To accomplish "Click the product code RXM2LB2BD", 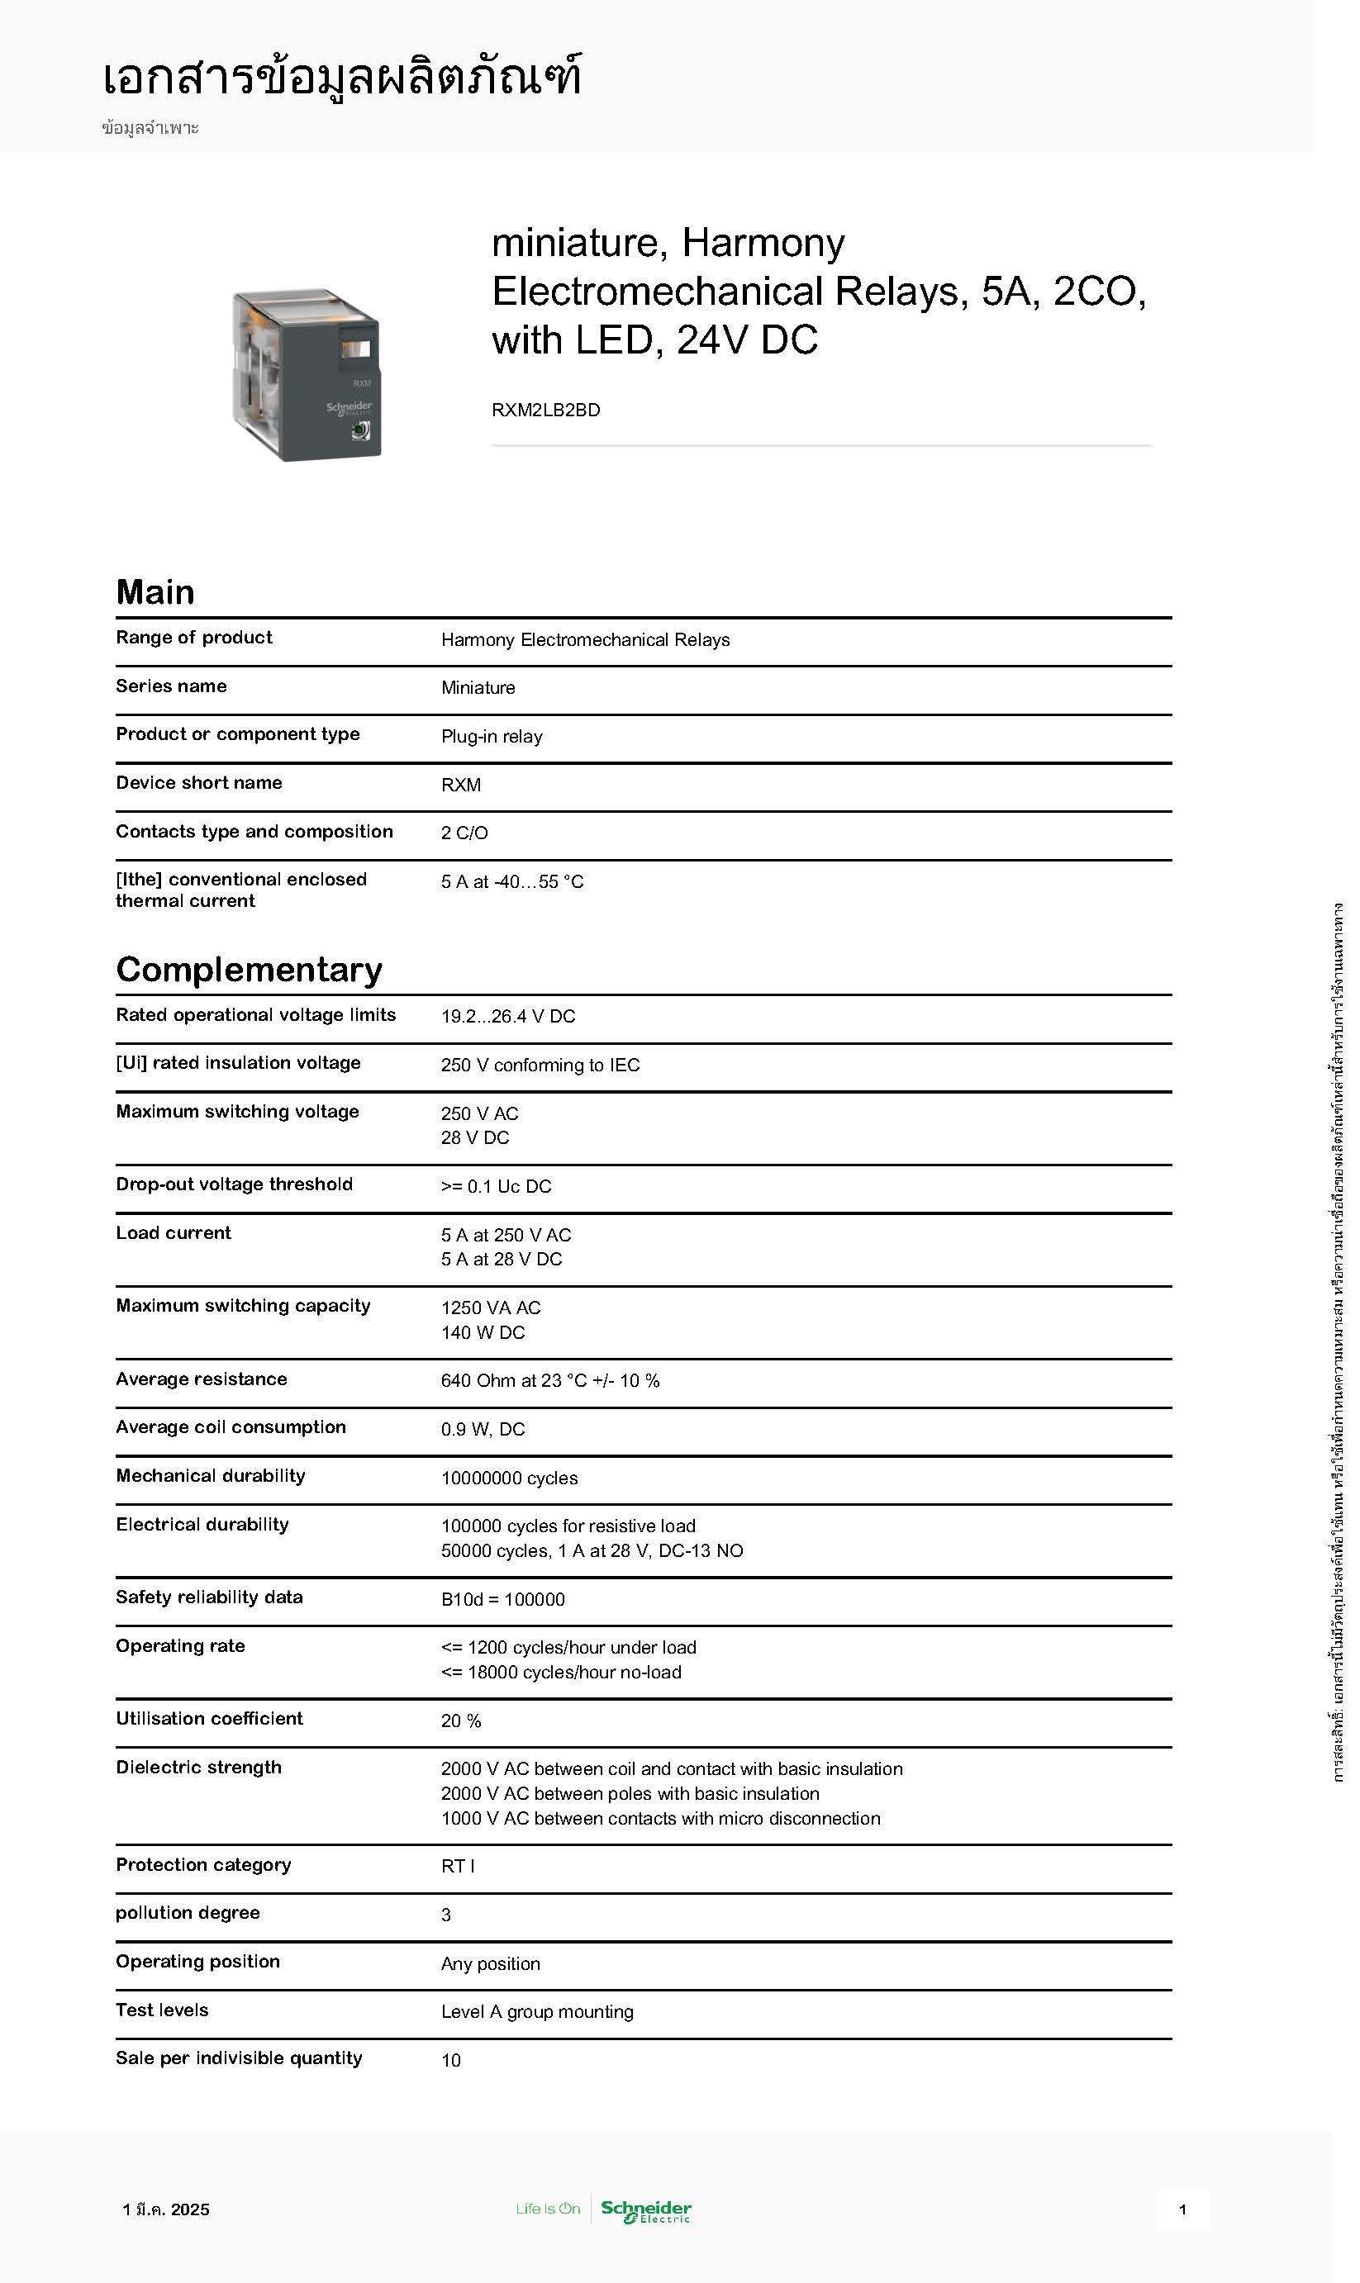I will [x=545, y=410].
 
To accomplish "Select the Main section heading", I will [x=155, y=592].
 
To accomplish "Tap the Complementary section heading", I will [x=249, y=969].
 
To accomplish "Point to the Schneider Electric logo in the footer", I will [x=645, y=2209].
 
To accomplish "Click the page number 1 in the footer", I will [x=1182, y=2209].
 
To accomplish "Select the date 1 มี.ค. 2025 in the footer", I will [x=166, y=2209].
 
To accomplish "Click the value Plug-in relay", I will [x=492, y=737].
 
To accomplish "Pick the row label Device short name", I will [x=199, y=782].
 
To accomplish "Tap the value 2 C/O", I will [x=464, y=833].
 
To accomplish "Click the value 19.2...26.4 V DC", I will [x=507, y=1016].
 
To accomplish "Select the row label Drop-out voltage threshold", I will [x=234, y=1184].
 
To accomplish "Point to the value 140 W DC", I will [x=483, y=1332].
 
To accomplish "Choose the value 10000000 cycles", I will [x=509, y=1478].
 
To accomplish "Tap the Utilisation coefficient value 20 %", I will [x=461, y=1721].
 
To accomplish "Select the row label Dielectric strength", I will [x=198, y=1768].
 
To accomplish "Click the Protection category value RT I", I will [x=457, y=1866].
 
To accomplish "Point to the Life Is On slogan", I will [x=547, y=2209].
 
